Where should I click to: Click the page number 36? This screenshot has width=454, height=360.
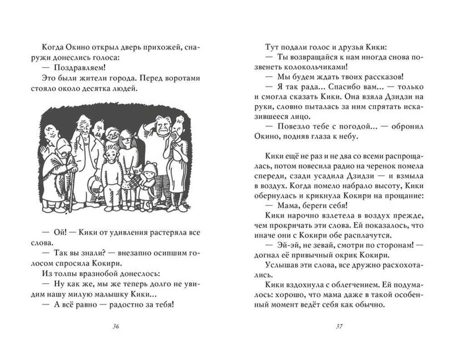point(117,326)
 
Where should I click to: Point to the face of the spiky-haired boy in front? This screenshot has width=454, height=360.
point(110,154)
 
